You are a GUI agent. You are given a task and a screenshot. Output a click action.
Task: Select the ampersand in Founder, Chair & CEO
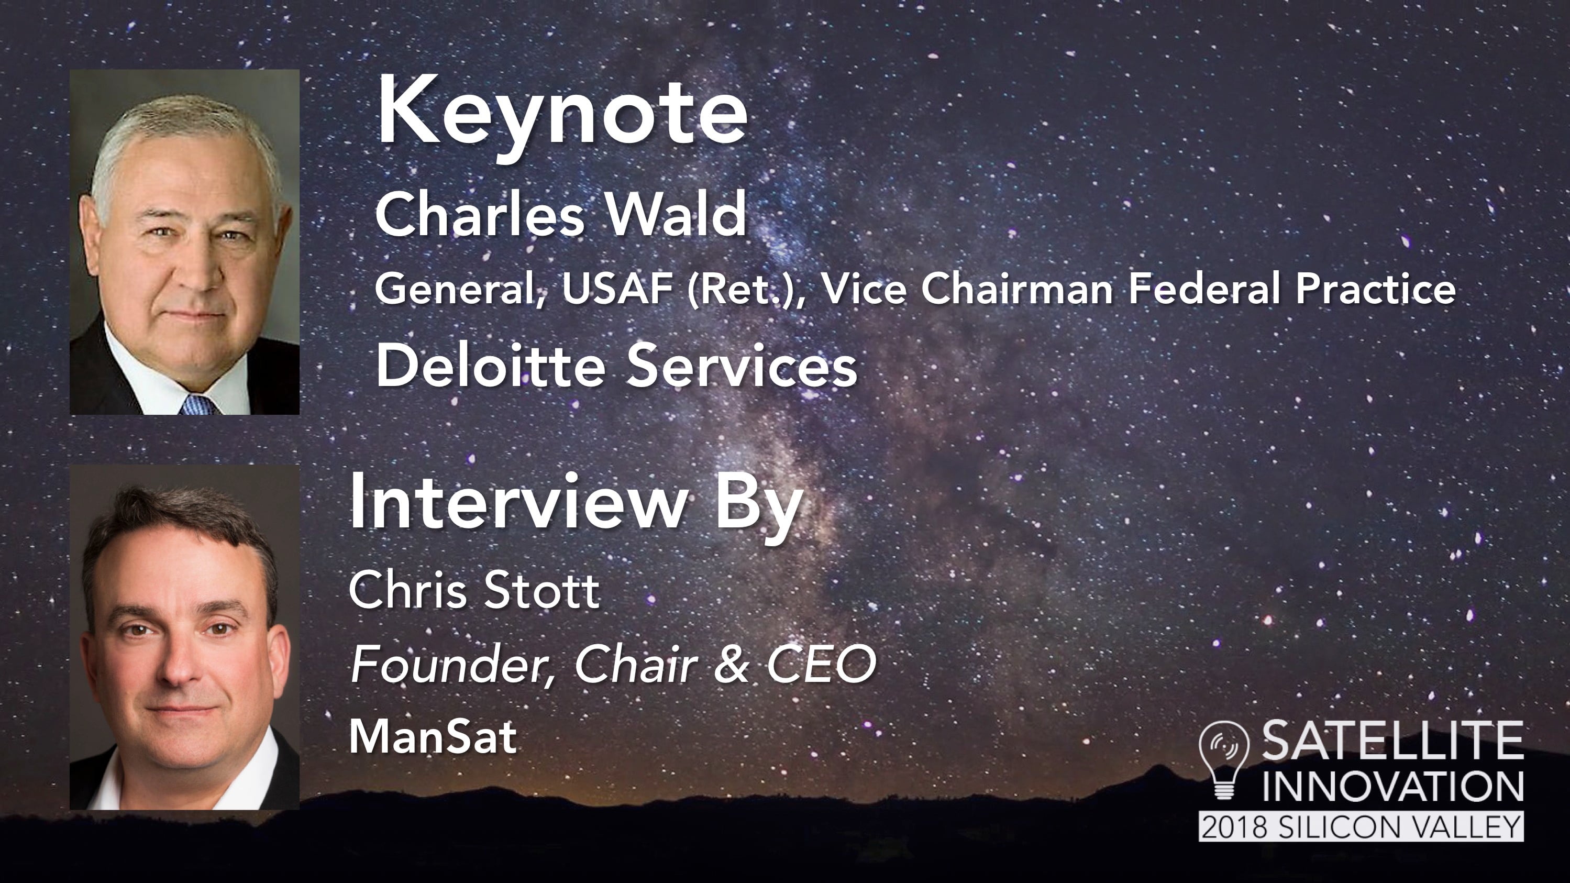731,664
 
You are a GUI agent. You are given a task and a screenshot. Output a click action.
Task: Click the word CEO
821,664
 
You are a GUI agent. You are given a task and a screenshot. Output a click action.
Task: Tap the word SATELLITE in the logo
1392,741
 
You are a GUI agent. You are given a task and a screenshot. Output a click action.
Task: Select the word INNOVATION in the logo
1392,787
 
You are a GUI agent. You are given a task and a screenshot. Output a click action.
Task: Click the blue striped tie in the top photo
198,405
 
